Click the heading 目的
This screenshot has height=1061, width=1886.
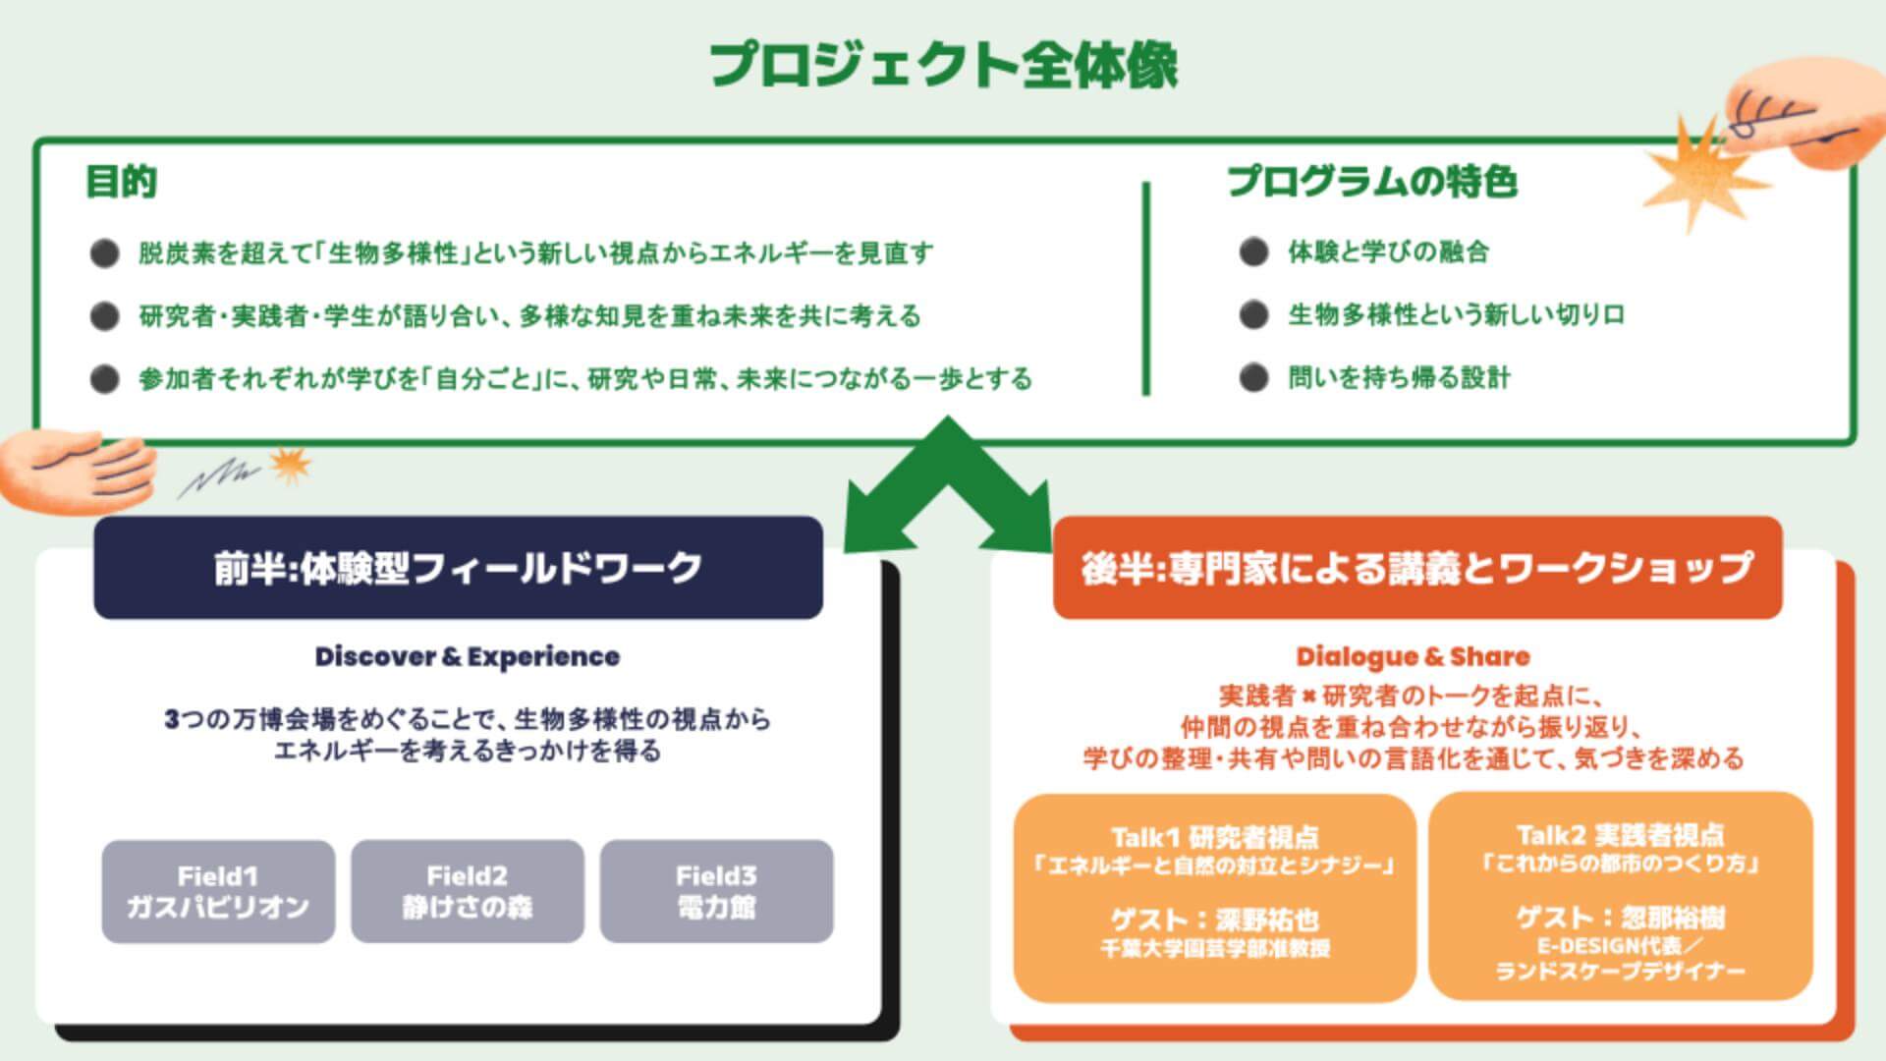122,182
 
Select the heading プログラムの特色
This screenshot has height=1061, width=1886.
1372,182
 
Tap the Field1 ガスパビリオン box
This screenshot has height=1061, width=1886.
218,891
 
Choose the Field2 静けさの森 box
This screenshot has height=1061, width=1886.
468,891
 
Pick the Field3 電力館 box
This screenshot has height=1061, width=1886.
716,891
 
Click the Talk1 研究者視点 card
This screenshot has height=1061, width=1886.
1214,897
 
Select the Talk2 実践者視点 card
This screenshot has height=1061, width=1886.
1620,897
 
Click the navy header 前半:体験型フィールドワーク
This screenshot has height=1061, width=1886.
458,568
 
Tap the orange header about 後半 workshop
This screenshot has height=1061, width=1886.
1416,568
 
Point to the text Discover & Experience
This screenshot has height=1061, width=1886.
467,656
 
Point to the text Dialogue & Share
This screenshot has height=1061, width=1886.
1413,656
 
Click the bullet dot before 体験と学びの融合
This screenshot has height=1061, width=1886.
1253,252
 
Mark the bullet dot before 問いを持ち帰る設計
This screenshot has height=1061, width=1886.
1253,378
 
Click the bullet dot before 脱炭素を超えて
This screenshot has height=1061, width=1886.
104,253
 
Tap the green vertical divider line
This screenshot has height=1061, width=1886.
1146,289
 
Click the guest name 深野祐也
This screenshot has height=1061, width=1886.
1267,920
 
